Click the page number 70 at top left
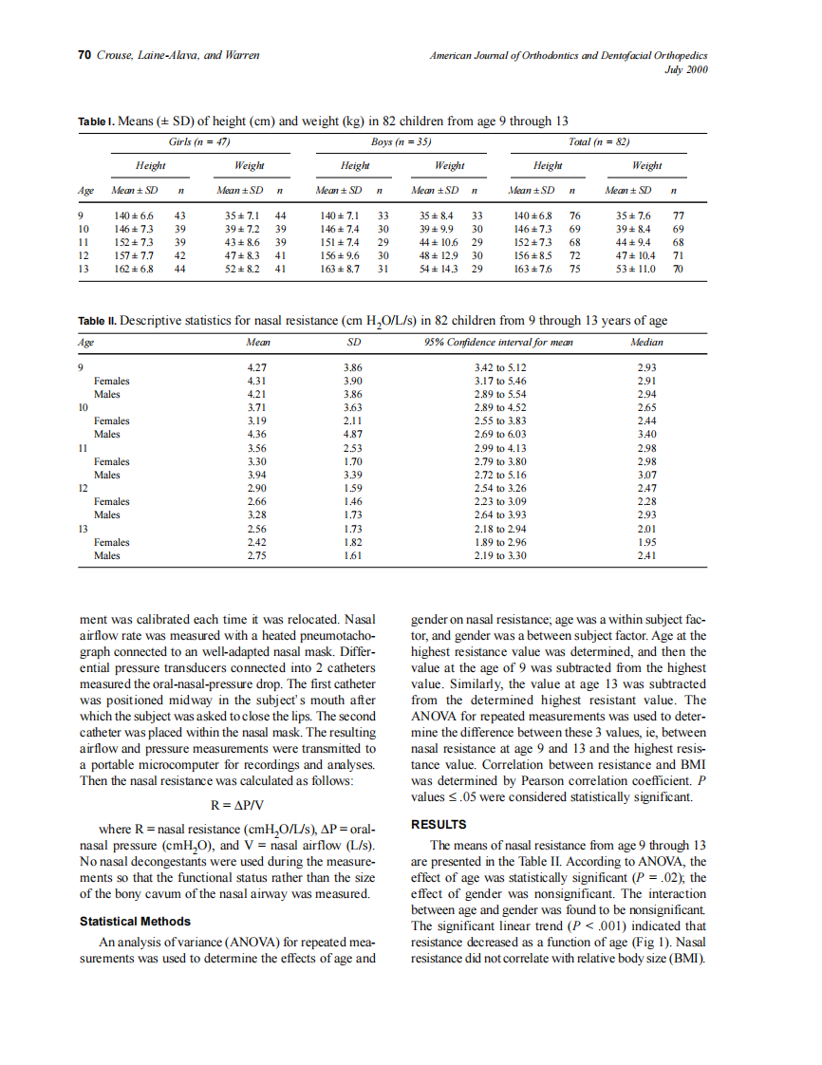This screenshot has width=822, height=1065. [x=83, y=55]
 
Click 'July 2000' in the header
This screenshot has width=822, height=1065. [x=686, y=69]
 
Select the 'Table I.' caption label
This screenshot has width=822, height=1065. [x=96, y=121]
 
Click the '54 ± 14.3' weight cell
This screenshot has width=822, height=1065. [x=439, y=269]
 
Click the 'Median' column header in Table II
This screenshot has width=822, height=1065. [x=646, y=342]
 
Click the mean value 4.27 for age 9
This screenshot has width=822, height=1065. [x=256, y=367]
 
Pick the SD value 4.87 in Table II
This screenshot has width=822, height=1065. [x=352, y=434]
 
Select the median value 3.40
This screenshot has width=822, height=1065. [x=647, y=434]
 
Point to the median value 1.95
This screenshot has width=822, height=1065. [x=647, y=541]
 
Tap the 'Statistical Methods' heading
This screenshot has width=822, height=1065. [x=135, y=921]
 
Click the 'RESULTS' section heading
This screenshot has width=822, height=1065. [x=439, y=824]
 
